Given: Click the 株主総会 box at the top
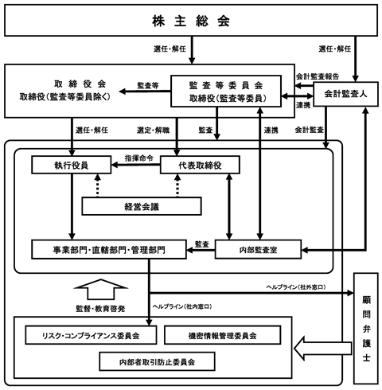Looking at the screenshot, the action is [191, 21].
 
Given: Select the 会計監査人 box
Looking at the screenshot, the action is [345, 94].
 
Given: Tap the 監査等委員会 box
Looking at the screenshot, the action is [226, 92].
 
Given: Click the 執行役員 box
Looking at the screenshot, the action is [72, 165].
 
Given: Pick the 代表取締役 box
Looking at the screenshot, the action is [200, 165].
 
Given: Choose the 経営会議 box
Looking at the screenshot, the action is [142, 206].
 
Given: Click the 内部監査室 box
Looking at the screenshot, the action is [258, 249].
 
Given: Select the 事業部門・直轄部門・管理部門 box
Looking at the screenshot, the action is [109, 249].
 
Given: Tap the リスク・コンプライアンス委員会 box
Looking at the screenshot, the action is [91, 335].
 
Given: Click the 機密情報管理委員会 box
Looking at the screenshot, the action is [223, 335].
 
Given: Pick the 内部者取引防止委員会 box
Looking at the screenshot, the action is [157, 361].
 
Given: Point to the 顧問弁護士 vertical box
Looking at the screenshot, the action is [366, 328].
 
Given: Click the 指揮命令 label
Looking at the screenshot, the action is [139, 158].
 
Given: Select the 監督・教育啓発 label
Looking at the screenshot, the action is [100, 309].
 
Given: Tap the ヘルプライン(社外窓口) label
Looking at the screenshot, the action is [296, 287].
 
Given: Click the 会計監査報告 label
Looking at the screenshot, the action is [318, 76].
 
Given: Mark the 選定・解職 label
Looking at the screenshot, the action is [153, 131].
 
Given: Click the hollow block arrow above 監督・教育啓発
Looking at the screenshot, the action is [100, 290].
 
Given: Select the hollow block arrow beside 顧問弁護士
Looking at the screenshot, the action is [323, 349].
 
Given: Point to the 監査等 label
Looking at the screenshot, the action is [148, 85].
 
